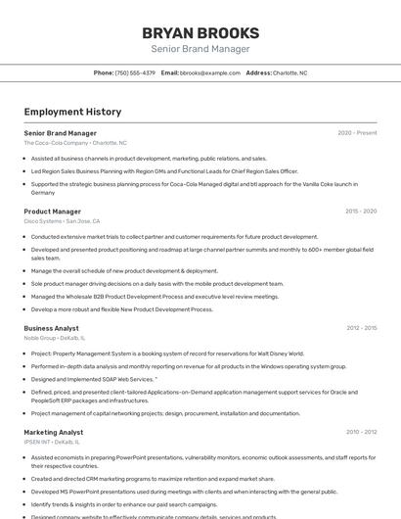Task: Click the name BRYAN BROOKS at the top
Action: pyautogui.click(x=200, y=32)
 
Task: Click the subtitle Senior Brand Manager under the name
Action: pyautogui.click(x=200, y=49)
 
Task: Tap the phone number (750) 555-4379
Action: pyautogui.click(x=135, y=72)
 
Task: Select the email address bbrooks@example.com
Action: pyautogui.click(x=210, y=72)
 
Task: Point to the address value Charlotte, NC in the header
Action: pyautogui.click(x=290, y=72)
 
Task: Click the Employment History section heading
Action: pyautogui.click(x=72, y=112)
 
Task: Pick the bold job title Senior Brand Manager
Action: pyautogui.click(x=60, y=133)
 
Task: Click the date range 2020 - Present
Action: pyautogui.click(x=357, y=133)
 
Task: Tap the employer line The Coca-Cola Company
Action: pyautogui.click(x=75, y=143)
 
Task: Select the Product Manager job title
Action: pyautogui.click(x=52, y=212)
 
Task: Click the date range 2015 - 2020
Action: pyautogui.click(x=361, y=212)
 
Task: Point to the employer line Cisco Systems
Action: pyautogui.click(x=62, y=221)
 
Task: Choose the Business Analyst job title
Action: pyautogui.click(x=51, y=328)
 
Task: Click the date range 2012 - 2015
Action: pyautogui.click(x=361, y=328)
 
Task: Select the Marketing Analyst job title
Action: pyautogui.click(x=54, y=432)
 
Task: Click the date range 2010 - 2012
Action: pyautogui.click(x=361, y=432)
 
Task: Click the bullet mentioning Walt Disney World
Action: pyautogui.click(x=167, y=354)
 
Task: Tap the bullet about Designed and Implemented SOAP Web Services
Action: pyautogui.click(x=94, y=378)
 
